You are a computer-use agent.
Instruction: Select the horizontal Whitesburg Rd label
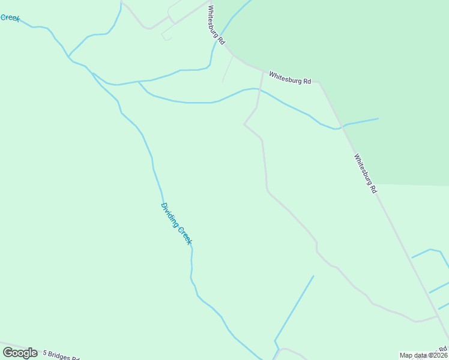pos(290,78)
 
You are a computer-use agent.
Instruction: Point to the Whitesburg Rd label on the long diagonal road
pos(365,173)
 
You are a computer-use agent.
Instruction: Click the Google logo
pos(20,353)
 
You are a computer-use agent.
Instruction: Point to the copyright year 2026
pos(439,355)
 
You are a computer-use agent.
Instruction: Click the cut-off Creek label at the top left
pos(10,17)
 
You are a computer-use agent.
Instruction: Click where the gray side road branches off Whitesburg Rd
pos(264,71)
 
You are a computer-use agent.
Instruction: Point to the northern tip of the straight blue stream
pos(313,276)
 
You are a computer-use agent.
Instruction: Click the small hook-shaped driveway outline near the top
pos(166,36)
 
